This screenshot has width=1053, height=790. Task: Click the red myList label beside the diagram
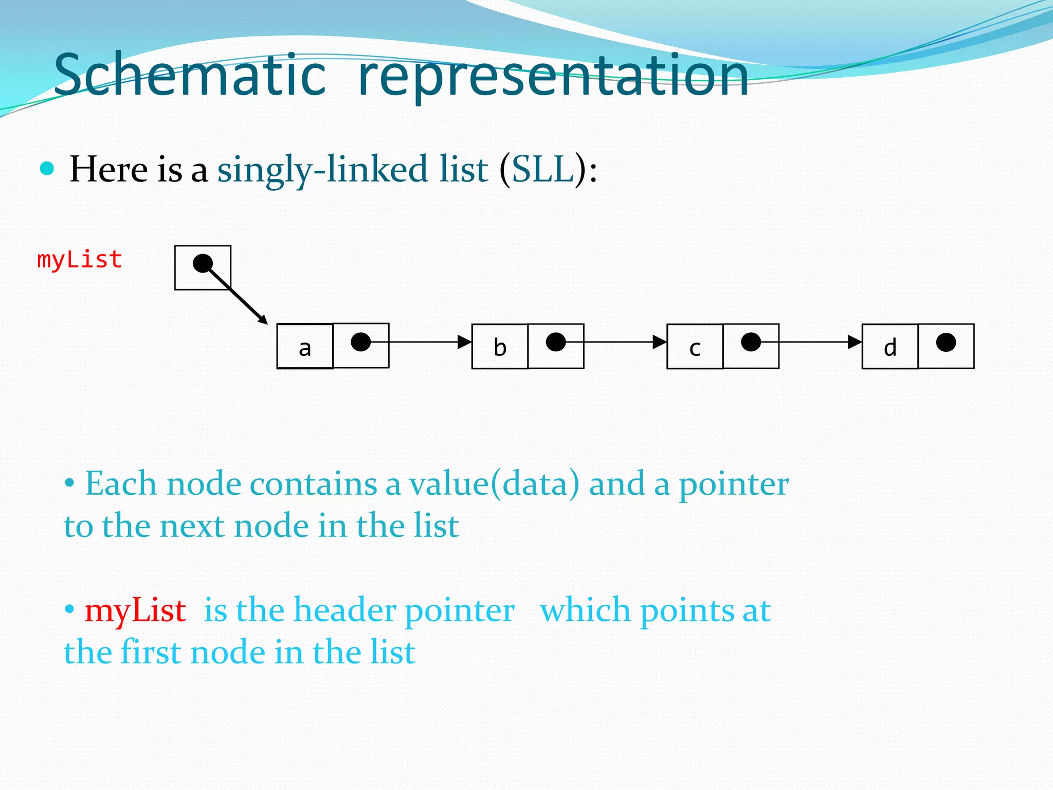pos(80,260)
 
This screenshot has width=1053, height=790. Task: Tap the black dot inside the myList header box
pos(203,263)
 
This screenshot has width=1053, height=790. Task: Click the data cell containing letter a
pos(305,347)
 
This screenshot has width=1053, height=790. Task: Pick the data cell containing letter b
pos(500,347)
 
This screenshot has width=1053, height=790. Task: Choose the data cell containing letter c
pos(695,347)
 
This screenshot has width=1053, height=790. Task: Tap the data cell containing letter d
pos(890,347)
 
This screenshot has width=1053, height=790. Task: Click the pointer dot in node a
pos(360,342)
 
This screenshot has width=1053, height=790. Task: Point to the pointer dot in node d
pos(946,342)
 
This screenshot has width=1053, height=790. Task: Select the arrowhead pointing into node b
pos(465,342)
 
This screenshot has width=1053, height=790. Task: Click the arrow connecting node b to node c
pos(617,342)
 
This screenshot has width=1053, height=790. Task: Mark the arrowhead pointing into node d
pos(855,342)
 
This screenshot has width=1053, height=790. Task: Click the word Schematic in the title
pos(190,76)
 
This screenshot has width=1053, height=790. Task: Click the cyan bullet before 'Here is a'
pos(47,168)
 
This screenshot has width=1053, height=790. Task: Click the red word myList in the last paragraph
pos(135,611)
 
